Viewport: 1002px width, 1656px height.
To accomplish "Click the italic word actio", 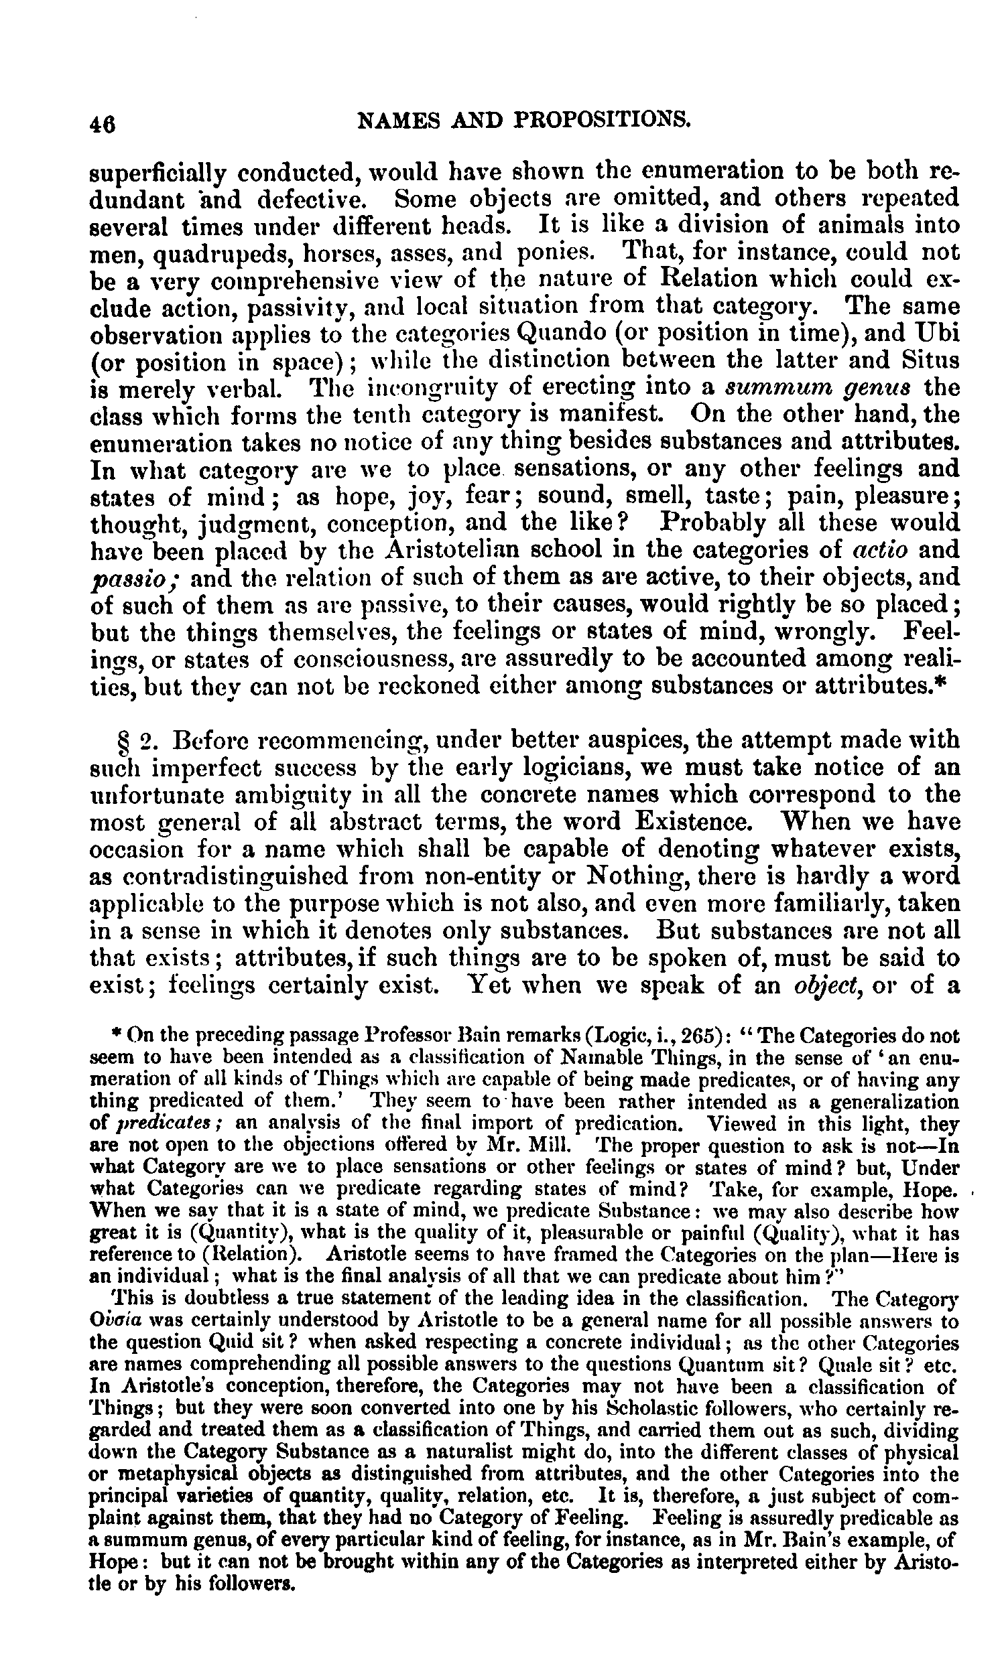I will (x=879, y=550).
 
